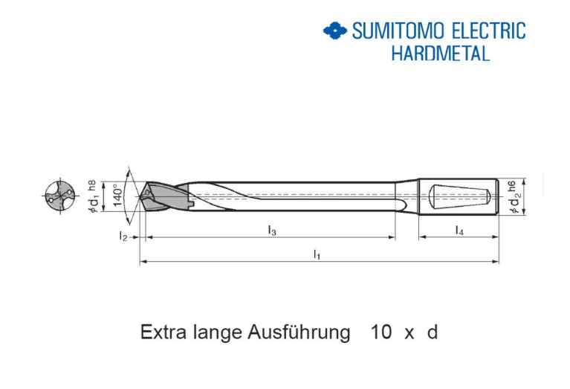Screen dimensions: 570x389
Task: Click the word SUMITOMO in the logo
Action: [398, 30]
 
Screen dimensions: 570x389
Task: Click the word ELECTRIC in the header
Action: [489, 30]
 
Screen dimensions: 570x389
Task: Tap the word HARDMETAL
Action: [441, 54]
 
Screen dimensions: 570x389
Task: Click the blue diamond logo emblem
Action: [335, 30]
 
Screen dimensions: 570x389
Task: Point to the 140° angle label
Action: [117, 196]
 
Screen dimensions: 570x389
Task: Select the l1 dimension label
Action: [317, 254]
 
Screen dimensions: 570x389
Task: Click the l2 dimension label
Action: [123, 237]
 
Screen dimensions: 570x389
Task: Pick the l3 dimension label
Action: [272, 231]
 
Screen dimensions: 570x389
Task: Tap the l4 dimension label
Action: [459, 231]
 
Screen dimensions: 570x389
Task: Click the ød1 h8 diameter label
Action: [92, 196]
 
